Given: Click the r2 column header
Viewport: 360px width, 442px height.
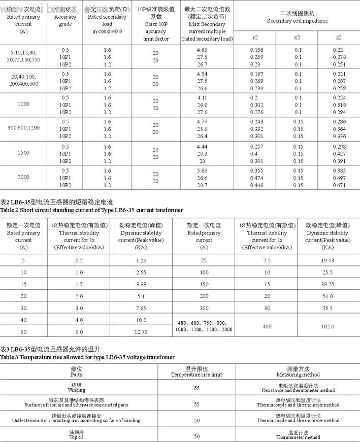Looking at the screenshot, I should tap(255, 38).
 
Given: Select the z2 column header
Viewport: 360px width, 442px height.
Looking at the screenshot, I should tap(338, 38).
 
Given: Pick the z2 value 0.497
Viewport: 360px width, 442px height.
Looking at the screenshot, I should tap(338, 178).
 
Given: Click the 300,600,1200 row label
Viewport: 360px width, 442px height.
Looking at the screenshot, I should tap(24, 127).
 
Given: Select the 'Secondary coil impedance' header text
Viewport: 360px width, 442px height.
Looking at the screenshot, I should tap(297, 21).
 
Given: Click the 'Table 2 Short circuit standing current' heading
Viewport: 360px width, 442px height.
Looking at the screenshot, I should tap(91, 210).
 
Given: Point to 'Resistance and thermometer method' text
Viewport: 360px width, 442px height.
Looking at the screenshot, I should tap(298, 390).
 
